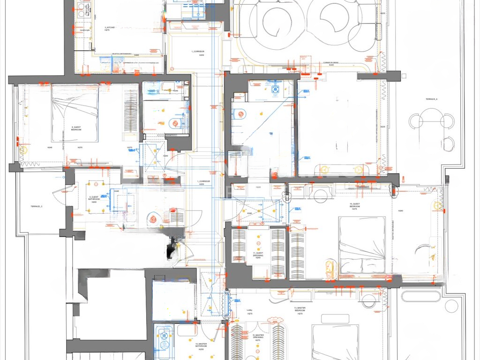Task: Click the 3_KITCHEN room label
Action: [x=110, y=28]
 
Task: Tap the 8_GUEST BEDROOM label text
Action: [x=76, y=128]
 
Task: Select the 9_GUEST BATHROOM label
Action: [x=94, y=198]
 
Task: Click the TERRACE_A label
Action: [x=431, y=99]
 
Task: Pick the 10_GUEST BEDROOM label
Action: [x=354, y=207]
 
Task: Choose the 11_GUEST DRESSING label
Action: [x=258, y=254]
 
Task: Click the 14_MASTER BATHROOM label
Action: [x=201, y=346]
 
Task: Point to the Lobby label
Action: [x=249, y=310]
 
